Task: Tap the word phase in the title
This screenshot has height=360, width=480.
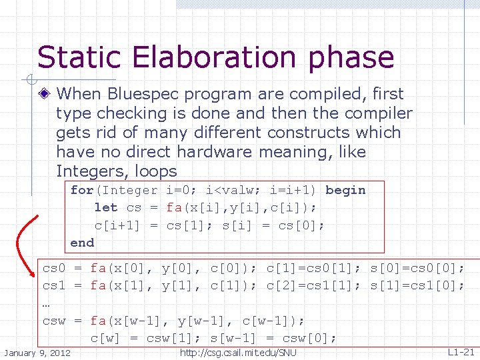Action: point(351,59)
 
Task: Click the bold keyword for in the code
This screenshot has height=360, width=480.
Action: point(82,190)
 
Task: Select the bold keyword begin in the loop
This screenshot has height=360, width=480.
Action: point(345,190)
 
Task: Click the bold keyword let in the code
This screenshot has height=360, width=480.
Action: point(105,207)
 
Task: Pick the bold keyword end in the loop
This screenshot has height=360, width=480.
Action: point(82,242)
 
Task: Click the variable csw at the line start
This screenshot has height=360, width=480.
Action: point(54,321)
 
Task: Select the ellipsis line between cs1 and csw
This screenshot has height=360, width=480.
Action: point(46,304)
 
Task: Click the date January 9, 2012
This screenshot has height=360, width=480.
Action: point(37,351)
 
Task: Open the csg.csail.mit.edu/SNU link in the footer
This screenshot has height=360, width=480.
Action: point(238,351)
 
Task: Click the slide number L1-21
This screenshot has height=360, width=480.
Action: point(461,351)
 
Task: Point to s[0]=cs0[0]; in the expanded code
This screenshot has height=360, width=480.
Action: point(417,269)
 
